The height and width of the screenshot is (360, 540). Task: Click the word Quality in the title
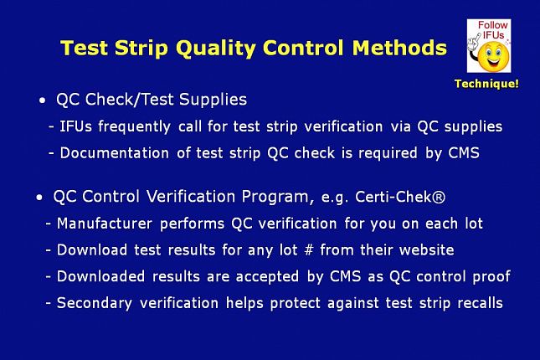216,49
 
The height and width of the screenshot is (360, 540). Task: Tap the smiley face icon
493,56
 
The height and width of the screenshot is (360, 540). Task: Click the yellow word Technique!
486,84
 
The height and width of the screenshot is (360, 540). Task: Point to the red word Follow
493,25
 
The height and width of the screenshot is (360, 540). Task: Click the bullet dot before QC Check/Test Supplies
43,101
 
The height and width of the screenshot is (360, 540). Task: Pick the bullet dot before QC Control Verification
39,198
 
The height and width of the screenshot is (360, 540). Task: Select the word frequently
134,126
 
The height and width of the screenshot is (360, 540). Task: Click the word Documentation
115,153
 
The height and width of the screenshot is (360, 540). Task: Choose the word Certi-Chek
393,197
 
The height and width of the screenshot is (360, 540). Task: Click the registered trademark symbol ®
439,198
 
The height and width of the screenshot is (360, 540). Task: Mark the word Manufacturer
105,224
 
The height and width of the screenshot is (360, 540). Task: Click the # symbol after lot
309,249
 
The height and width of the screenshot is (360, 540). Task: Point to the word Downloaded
100,276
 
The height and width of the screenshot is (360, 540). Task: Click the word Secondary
95,304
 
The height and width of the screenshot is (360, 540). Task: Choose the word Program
277,198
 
